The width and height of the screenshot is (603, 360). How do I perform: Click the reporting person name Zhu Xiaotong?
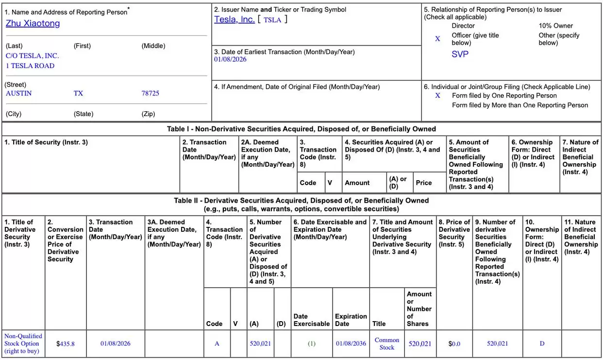click(x=33, y=23)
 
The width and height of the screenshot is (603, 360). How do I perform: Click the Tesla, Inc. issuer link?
click(x=234, y=19)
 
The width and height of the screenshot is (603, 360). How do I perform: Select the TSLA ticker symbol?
click(x=272, y=20)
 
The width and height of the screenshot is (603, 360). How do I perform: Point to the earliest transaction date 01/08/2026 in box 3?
click(x=230, y=59)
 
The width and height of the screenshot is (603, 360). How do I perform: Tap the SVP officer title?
click(x=460, y=54)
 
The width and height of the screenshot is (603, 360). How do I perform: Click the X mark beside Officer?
click(x=437, y=39)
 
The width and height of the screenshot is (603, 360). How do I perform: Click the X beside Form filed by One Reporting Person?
click(x=437, y=96)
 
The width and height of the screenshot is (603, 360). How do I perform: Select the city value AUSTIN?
click(x=18, y=93)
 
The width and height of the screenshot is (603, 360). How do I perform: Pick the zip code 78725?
click(x=150, y=93)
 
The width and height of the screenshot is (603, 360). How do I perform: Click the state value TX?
click(x=78, y=93)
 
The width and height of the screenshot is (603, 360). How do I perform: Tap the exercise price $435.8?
click(x=66, y=343)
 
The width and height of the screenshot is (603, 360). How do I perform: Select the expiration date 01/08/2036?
click(x=351, y=343)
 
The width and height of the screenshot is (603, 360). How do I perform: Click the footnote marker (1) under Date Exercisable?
click(x=312, y=343)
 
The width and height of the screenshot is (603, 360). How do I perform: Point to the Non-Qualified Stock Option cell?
click(x=23, y=343)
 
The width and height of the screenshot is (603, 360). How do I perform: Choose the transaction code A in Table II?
click(x=217, y=343)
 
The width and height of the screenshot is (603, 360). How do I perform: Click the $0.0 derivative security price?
click(x=454, y=343)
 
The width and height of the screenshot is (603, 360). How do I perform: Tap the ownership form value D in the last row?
click(x=542, y=343)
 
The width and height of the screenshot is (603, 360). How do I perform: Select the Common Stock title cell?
click(x=387, y=343)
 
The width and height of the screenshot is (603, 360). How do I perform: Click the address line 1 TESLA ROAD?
click(x=30, y=66)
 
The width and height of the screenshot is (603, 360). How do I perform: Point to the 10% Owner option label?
click(x=555, y=26)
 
